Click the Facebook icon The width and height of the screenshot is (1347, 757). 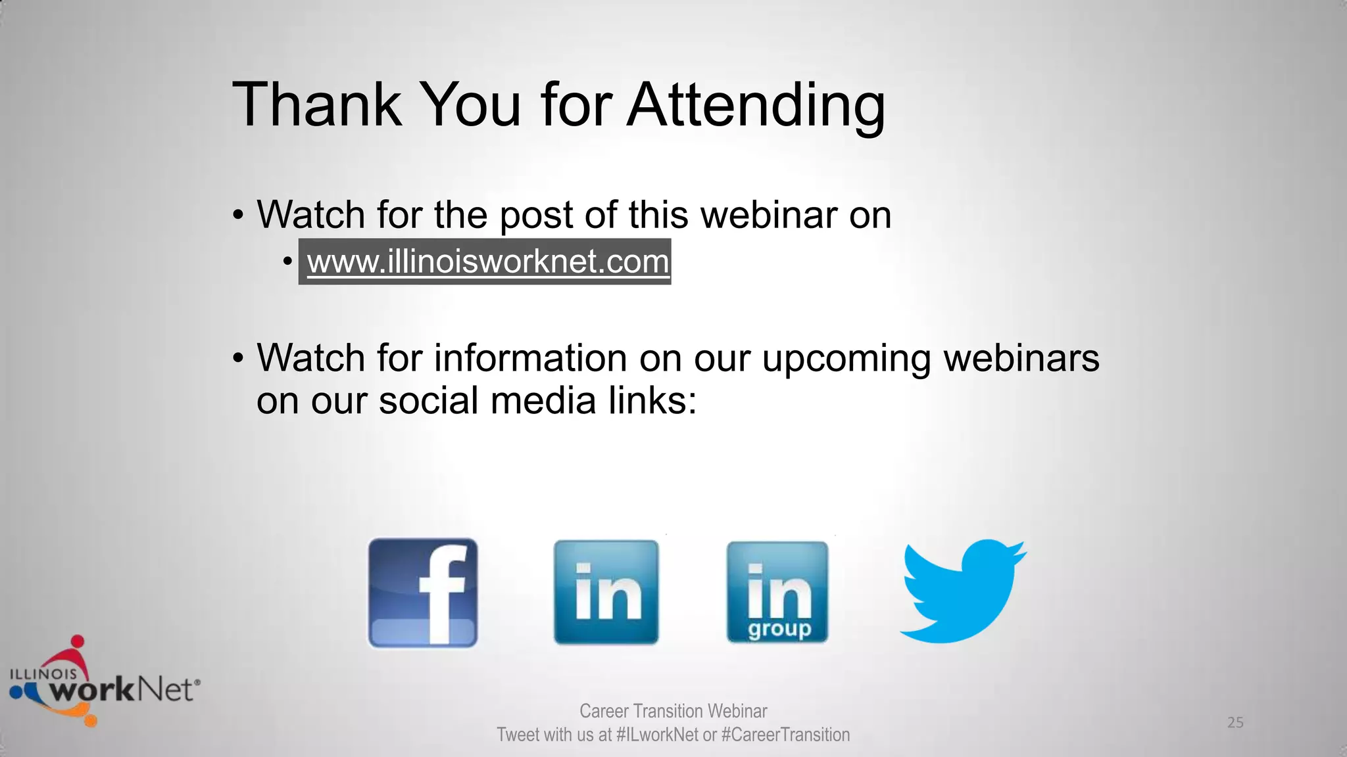click(x=423, y=593)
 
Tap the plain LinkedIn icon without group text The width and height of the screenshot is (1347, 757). click(x=606, y=592)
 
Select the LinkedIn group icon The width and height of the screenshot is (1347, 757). click(x=777, y=592)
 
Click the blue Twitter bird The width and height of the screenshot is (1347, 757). click(x=962, y=591)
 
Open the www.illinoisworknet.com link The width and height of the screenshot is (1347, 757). click(x=487, y=262)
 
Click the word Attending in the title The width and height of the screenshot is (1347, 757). click(x=756, y=104)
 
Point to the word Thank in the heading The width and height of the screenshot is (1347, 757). click(x=316, y=104)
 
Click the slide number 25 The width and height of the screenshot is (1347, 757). click(x=1235, y=723)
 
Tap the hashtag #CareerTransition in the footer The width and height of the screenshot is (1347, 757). click(x=785, y=735)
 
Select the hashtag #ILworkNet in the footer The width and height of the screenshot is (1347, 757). click(x=658, y=735)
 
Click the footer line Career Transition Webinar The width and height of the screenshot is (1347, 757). click(x=673, y=711)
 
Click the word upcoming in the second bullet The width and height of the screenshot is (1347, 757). click(x=846, y=359)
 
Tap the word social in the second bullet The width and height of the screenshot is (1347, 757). click(x=428, y=401)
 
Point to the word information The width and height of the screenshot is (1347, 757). click(x=530, y=359)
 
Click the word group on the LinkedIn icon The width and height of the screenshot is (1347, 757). click(x=779, y=629)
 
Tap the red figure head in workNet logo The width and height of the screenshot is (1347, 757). click(x=78, y=641)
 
